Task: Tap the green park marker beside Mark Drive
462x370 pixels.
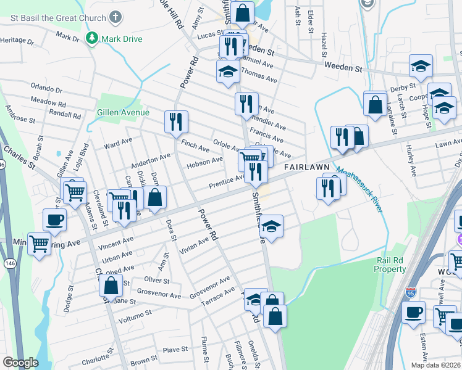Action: click(x=92, y=38)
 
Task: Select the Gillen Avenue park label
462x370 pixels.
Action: click(x=123, y=112)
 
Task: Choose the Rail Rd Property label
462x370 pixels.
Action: click(x=390, y=265)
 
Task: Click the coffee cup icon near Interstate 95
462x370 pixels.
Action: click(x=413, y=311)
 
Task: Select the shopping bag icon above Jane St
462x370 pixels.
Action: click(x=111, y=286)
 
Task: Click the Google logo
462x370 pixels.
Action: click(x=20, y=363)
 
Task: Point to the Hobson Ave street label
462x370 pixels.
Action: click(x=204, y=162)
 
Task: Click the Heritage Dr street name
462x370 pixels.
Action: click(x=17, y=41)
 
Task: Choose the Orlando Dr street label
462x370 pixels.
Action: click(x=48, y=88)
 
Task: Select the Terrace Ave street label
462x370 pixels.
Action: click(x=220, y=293)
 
